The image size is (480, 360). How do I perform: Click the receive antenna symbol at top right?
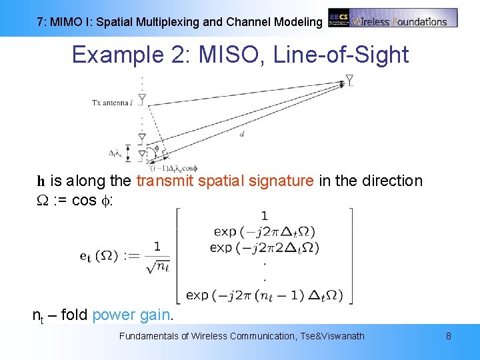(349, 81)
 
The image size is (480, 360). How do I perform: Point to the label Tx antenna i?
(112, 102)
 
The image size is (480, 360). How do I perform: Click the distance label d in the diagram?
(241, 134)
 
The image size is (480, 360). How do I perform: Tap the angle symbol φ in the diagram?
(156, 148)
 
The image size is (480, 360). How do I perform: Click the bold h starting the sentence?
(40, 181)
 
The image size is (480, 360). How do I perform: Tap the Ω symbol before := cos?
(41, 201)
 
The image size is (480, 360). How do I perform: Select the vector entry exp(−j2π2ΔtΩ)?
(265, 247)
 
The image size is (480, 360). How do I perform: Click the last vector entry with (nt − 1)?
(265, 295)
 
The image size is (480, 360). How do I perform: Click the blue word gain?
(156, 315)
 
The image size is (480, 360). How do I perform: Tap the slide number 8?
(449, 336)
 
